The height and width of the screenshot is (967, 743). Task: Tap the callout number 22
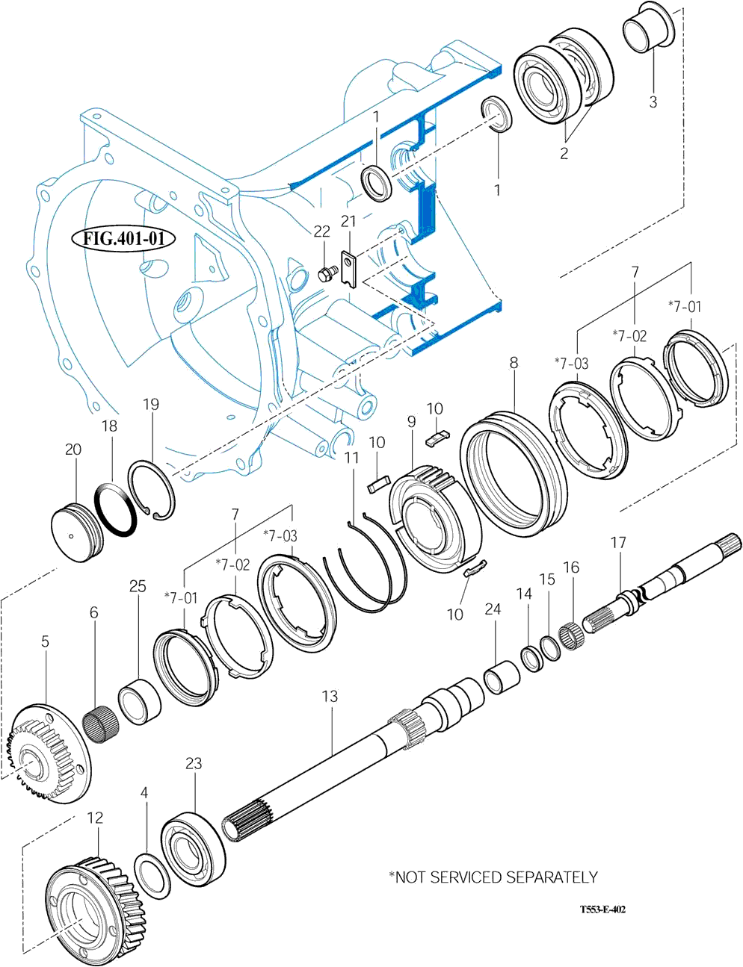pos(321,232)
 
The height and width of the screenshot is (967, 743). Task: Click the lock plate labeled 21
pos(348,267)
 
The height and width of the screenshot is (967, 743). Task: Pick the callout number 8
pos(514,363)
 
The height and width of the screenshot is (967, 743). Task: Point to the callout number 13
pos(330,697)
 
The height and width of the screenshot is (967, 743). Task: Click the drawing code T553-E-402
pos(602,910)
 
